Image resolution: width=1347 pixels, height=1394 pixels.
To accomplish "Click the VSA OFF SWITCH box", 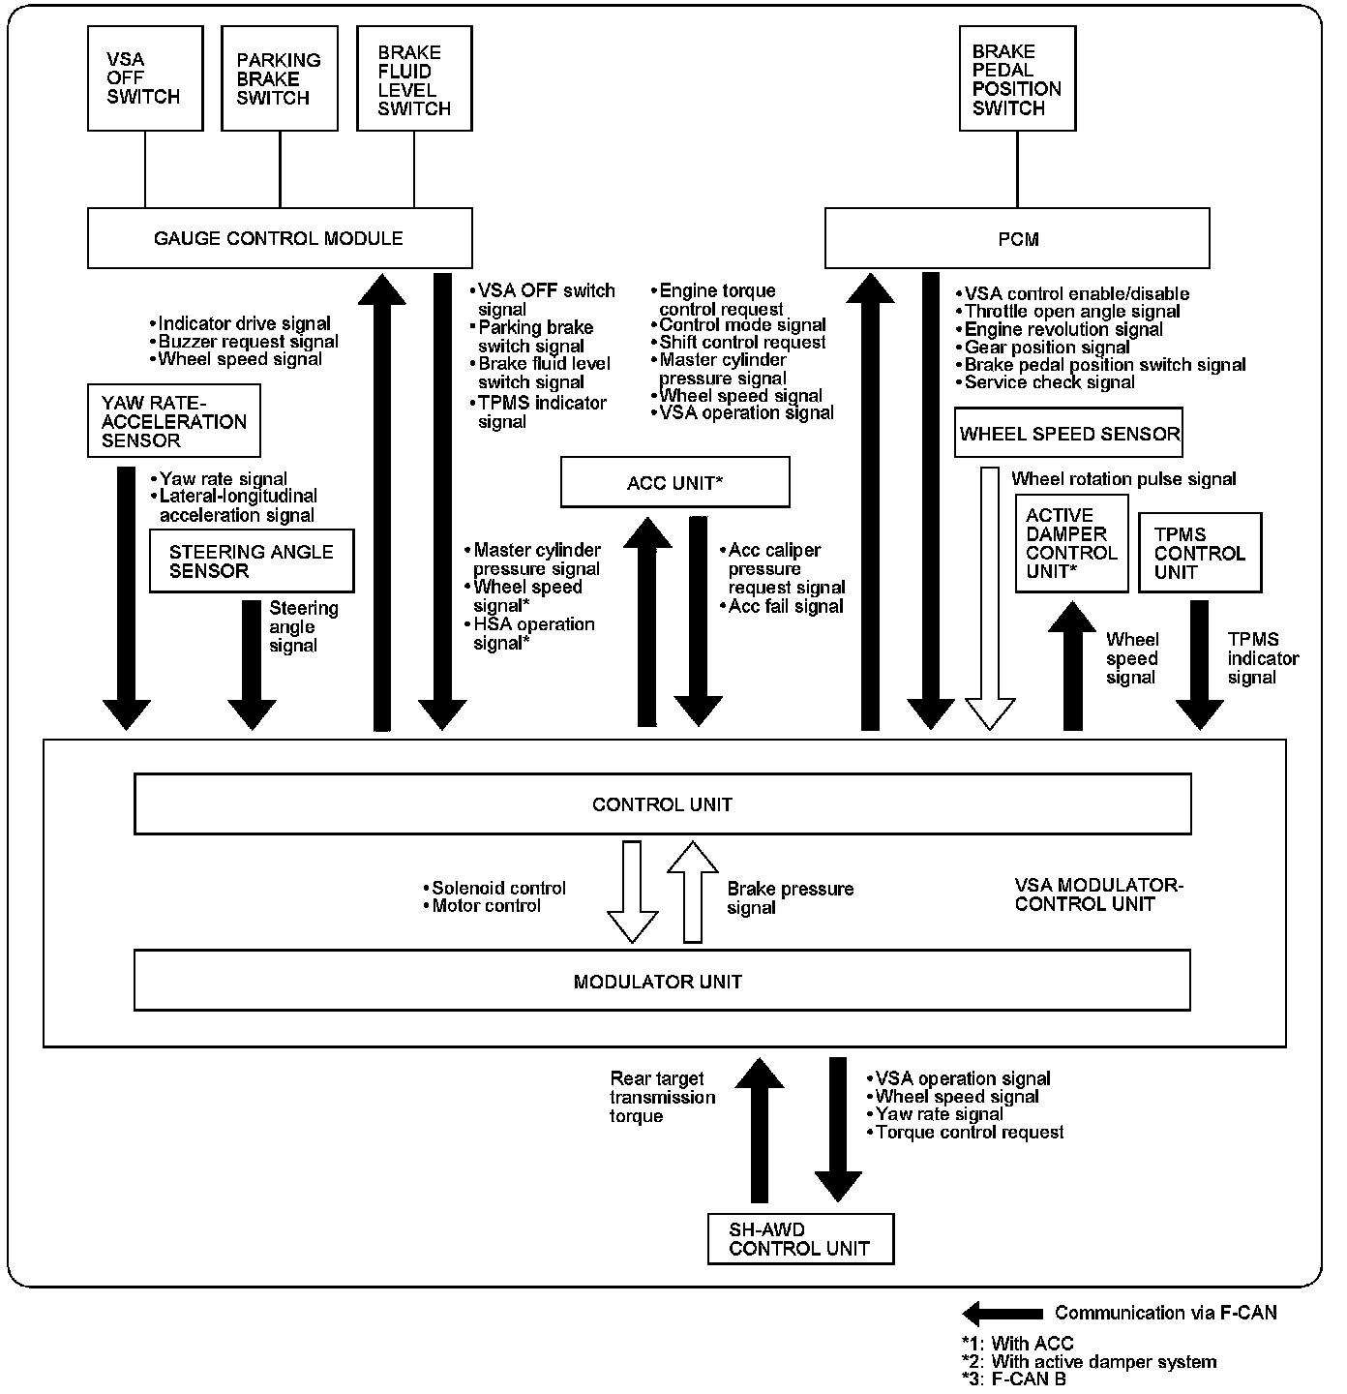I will [x=145, y=78].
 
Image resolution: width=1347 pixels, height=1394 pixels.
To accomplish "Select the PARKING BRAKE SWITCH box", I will [x=280, y=78].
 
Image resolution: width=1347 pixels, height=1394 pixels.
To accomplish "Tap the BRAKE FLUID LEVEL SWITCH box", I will [x=414, y=78].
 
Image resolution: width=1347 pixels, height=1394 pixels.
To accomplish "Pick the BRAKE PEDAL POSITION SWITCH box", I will [x=1017, y=78].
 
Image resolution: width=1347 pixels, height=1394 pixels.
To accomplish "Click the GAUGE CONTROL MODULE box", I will [x=280, y=238].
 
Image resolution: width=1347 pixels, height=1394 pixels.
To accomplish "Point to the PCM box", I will [x=1017, y=239].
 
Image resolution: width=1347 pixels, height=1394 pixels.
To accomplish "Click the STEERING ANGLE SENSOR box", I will [x=252, y=561].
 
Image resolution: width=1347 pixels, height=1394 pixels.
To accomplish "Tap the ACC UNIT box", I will [x=675, y=482].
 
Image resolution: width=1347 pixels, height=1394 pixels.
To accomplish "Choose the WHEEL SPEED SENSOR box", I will [x=1069, y=434].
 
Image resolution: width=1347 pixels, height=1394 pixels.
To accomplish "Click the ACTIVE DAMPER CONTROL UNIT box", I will [x=1072, y=543].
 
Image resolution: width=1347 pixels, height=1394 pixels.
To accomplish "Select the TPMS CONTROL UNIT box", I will [x=1200, y=553].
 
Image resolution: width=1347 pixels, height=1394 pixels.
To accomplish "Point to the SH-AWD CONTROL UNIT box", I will [x=799, y=1239].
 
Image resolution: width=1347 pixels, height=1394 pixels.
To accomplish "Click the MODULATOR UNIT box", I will [x=662, y=981].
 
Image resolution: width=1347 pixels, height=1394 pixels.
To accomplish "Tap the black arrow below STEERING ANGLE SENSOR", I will [x=252, y=664].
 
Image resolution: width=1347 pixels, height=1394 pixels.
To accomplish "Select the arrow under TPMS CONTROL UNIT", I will [x=1199, y=664].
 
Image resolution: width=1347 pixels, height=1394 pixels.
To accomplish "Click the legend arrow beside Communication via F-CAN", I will [x=1003, y=1314].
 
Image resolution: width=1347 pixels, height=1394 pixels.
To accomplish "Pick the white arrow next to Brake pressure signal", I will [x=693, y=891].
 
